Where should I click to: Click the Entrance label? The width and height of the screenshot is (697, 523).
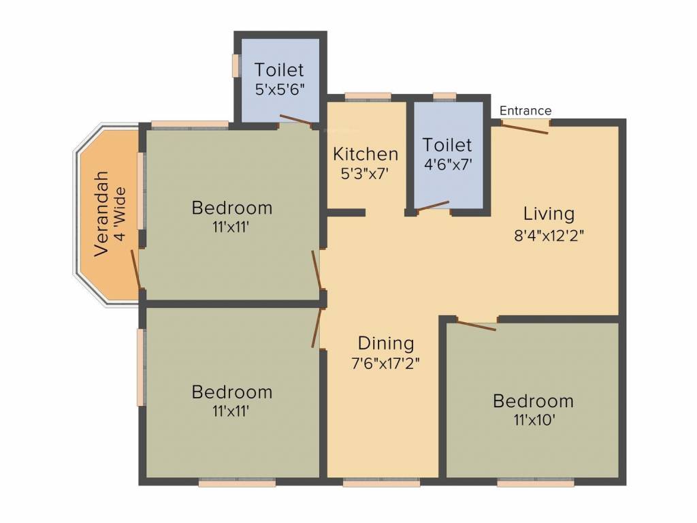(x=525, y=110)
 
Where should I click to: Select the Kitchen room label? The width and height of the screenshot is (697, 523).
(x=365, y=154)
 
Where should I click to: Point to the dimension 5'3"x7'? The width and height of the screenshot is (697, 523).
(x=365, y=173)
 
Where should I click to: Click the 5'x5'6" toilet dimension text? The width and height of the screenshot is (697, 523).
(x=279, y=89)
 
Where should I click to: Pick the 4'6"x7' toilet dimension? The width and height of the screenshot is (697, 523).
(x=447, y=163)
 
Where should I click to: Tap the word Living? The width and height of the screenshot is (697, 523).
(x=549, y=214)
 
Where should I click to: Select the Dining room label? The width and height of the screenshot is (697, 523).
(x=385, y=343)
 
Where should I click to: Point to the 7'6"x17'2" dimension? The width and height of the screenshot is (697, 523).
(x=385, y=362)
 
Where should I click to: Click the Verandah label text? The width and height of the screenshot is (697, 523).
(x=101, y=213)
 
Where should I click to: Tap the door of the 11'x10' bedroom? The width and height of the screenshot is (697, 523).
(x=476, y=326)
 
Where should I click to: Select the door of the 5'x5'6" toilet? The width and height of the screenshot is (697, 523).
(x=295, y=121)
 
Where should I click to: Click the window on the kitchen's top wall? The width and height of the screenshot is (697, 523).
(x=368, y=97)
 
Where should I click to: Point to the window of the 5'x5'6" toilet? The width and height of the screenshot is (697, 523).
(x=236, y=65)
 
